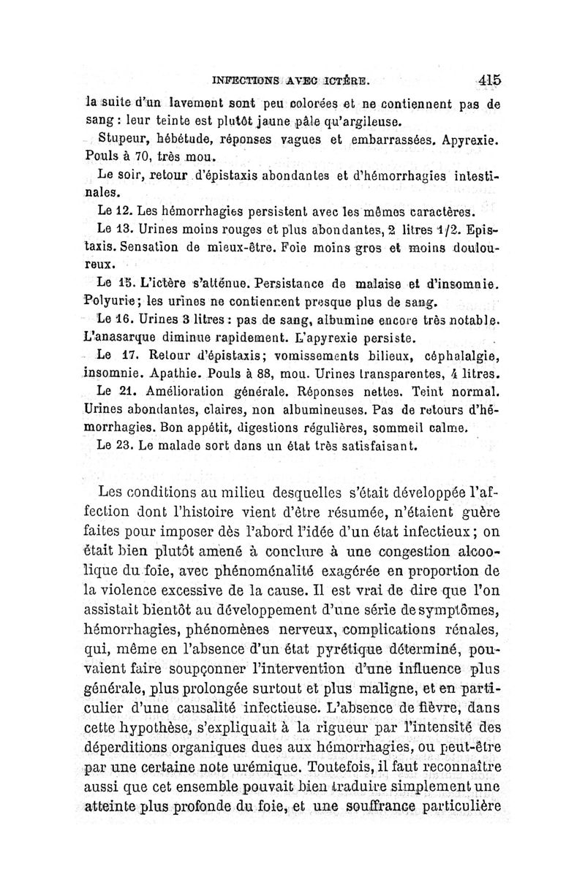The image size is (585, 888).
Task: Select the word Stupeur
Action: pos(124,138)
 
